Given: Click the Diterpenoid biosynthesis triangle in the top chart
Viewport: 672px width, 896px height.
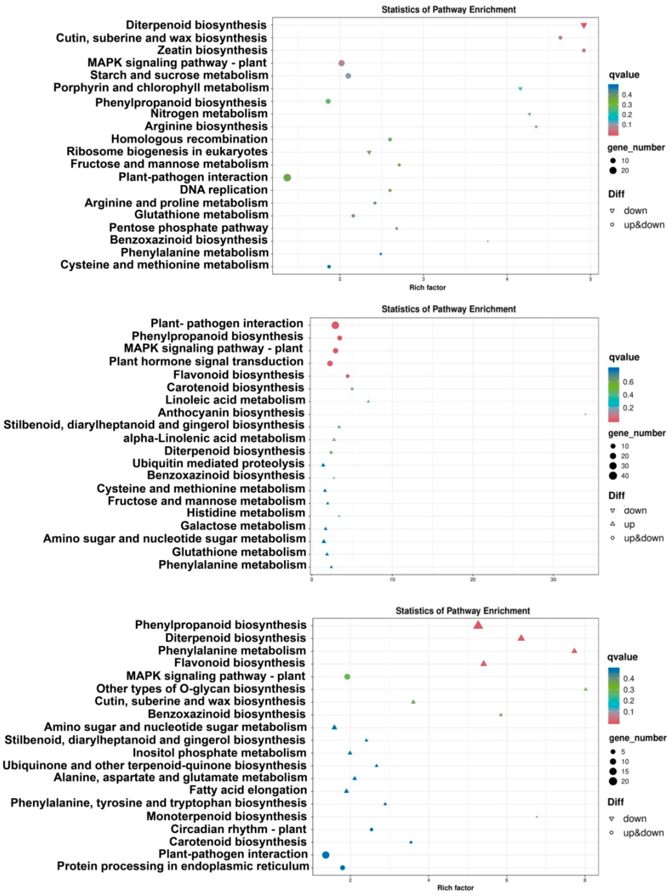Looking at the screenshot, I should [584, 26].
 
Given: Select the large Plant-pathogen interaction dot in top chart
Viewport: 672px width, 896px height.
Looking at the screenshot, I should [287, 177].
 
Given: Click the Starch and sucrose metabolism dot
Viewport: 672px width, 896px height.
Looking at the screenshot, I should [348, 76].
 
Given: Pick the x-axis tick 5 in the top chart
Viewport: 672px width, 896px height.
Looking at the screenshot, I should [590, 279].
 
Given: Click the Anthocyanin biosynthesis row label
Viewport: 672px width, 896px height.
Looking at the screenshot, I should [231, 413].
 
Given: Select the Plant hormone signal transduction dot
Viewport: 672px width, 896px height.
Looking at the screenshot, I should [330, 363].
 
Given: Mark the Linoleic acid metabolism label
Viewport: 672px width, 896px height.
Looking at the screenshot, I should [235, 400].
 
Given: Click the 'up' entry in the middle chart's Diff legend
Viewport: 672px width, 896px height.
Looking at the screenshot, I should [629, 524].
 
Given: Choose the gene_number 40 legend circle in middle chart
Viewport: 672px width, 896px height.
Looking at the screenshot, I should [612, 476].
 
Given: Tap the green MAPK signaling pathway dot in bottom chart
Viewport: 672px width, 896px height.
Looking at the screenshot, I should [347, 676].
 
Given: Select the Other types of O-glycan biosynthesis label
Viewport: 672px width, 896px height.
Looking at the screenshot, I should [201, 689].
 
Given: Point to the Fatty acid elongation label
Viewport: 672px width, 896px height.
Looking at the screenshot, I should [248, 790].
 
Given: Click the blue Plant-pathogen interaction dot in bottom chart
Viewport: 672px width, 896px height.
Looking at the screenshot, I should [325, 855].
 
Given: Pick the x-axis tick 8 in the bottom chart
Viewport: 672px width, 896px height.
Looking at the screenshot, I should [585, 879].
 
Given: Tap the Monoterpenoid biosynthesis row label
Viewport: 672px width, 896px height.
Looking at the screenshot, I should [226, 816].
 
